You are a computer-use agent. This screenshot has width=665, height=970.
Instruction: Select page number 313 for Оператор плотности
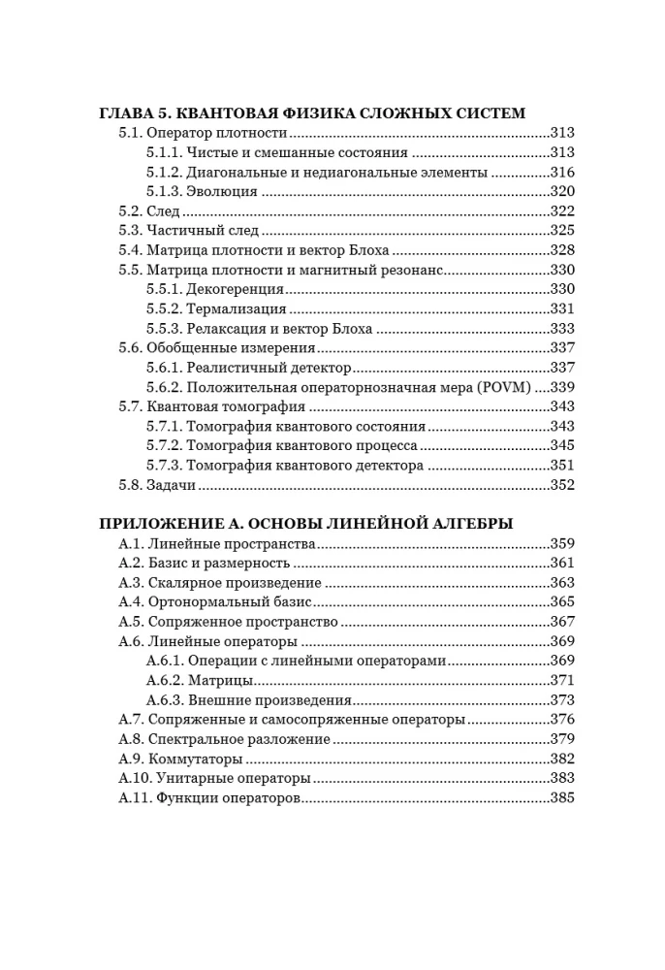(562, 133)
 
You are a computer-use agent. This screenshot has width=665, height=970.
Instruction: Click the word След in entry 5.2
(164, 210)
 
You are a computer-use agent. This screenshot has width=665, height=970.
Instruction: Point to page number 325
(562, 230)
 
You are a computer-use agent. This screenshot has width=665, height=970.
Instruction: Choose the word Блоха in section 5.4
(347, 249)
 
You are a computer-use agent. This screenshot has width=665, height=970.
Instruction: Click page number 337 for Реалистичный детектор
(562, 368)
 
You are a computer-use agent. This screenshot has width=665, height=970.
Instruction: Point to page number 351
(562, 465)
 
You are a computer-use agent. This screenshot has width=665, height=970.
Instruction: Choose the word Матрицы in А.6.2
(222, 680)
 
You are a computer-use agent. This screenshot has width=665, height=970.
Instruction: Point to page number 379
(562, 738)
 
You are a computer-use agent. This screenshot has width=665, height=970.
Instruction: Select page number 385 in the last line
(562, 797)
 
